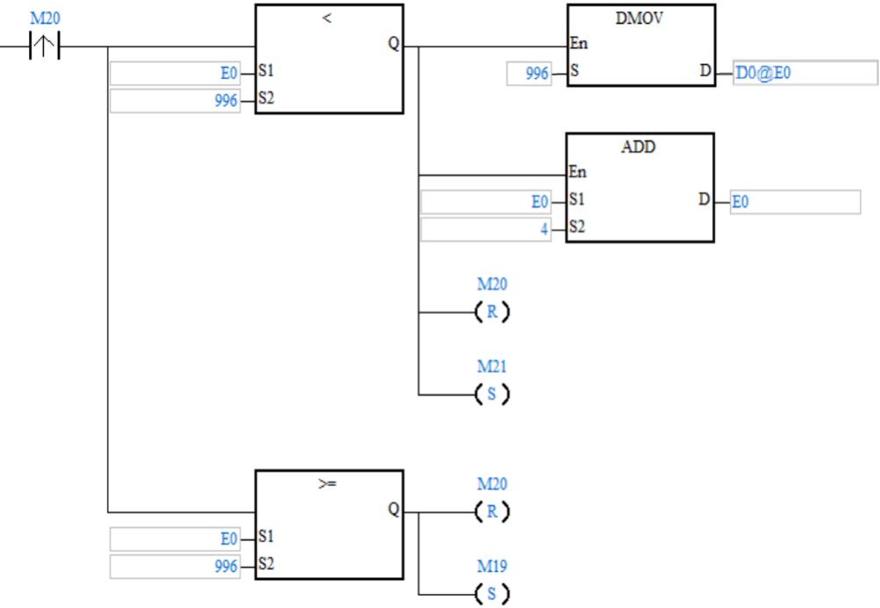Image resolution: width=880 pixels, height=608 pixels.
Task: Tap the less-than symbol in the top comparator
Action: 327,18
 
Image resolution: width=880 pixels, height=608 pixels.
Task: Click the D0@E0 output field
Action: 803,73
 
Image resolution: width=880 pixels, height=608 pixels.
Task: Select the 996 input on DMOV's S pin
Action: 529,74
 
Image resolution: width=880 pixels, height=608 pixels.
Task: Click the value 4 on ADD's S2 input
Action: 486,231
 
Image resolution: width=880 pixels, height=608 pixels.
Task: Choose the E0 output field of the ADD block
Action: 794,202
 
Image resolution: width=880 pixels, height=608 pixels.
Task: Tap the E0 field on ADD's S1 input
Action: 486,203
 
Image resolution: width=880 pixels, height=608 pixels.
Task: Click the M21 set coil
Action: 491,394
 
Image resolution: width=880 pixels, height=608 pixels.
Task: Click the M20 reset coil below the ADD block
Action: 491,311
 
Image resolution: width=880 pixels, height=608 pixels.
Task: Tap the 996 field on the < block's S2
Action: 175,101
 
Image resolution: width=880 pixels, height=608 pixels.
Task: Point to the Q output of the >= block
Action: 393,511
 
